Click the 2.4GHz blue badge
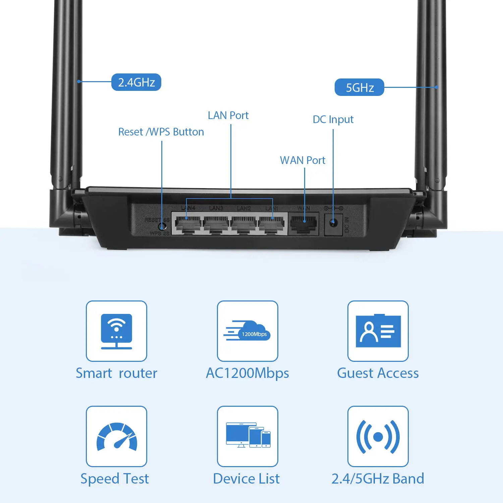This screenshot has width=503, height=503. tap(136, 82)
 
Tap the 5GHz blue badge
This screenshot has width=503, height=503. tap(359, 88)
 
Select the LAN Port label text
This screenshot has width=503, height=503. tap(228, 115)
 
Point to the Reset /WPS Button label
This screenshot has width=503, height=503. tap(161, 132)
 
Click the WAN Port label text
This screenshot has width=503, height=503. tap(302, 160)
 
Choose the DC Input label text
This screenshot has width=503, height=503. tap(333, 119)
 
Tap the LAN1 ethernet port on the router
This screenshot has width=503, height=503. tap(272, 224)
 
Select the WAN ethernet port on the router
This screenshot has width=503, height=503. tap(304, 224)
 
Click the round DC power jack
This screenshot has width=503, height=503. tap(333, 222)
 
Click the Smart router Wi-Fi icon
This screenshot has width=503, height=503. tap(116, 331)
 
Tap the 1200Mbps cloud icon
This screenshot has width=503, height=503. tap(247, 331)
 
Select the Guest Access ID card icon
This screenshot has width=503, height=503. tap(378, 331)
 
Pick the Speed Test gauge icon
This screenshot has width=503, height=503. tap(116, 437)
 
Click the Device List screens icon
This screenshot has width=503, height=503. tap(247, 435)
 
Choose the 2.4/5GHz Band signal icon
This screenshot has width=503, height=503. tap(378, 437)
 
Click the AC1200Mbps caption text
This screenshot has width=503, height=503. tap(247, 373)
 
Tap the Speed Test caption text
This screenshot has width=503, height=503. tap(115, 479)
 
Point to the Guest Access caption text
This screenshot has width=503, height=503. tap(378, 373)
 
